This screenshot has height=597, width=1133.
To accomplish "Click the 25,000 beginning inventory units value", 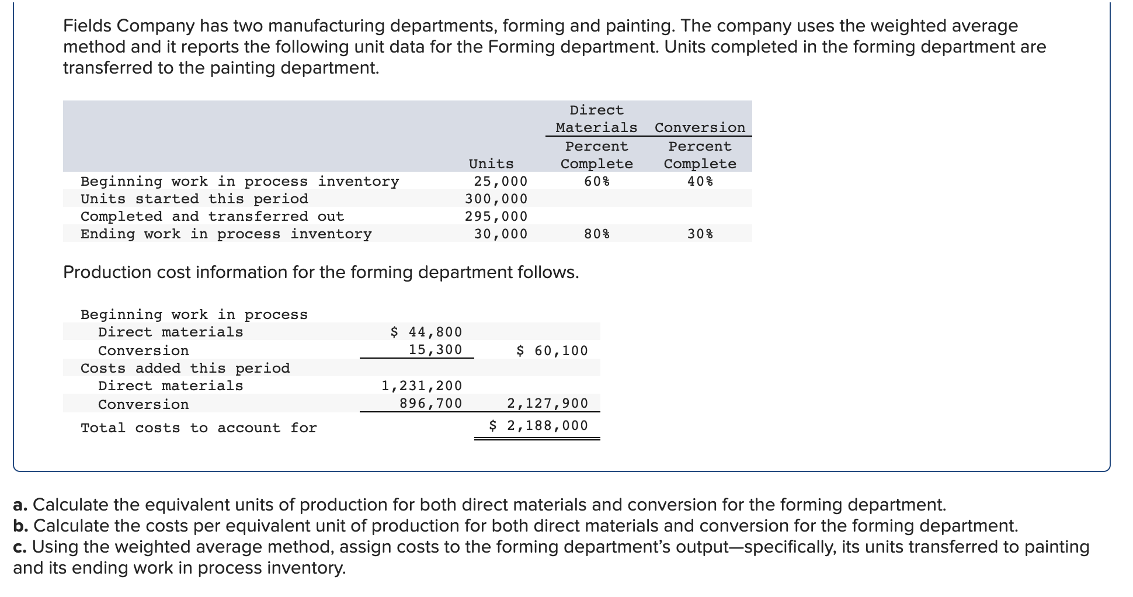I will click(x=501, y=181).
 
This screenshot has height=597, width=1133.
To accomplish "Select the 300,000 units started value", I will click(x=496, y=199).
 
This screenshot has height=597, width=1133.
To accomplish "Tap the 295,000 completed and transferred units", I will click(x=496, y=216).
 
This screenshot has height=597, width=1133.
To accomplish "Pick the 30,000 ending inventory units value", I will click(x=501, y=234).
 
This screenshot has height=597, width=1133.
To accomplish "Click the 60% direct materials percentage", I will click(x=596, y=181).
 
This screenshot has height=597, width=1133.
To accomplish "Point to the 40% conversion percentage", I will click(x=700, y=181).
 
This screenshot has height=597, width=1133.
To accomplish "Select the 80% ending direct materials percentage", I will click(x=596, y=234).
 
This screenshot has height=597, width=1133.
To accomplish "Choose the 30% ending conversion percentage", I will click(x=700, y=234).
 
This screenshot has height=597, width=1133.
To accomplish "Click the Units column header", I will click(x=491, y=164).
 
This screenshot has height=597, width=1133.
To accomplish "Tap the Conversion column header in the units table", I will click(x=700, y=127).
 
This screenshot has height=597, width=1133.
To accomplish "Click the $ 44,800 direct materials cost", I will click(x=426, y=332).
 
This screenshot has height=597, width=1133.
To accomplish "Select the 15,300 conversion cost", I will click(x=435, y=349).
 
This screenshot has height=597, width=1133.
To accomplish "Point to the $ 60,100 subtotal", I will click(x=552, y=350).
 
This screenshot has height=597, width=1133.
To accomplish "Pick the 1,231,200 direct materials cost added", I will click(x=421, y=386).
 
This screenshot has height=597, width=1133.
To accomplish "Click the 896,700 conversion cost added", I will click(x=430, y=403).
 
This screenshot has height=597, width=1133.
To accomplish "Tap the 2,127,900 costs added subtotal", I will click(x=547, y=403).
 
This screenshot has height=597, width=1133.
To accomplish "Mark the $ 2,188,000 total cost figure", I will click(x=538, y=425).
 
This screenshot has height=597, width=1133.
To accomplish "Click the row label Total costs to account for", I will click(x=199, y=428).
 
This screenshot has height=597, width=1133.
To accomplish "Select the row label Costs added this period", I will click(x=185, y=368).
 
